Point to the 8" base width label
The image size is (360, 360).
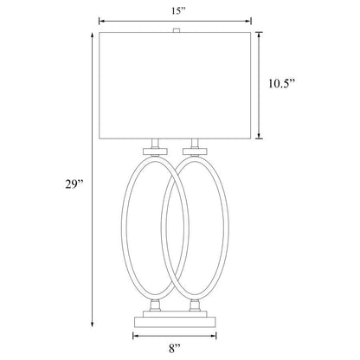click(x=177, y=349)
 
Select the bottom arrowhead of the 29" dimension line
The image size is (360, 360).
click(x=90, y=325)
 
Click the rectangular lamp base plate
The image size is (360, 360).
click(x=177, y=321)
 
